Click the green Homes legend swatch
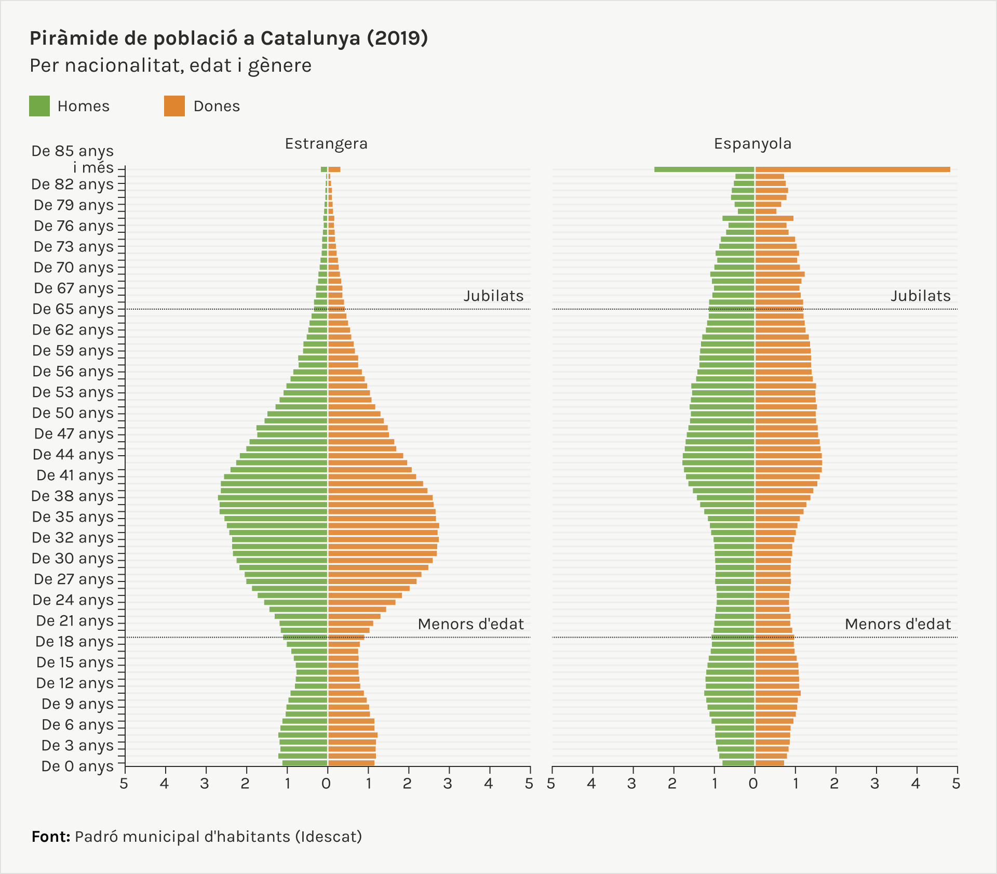[x=39, y=106]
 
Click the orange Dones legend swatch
[x=174, y=106]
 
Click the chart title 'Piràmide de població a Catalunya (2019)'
[x=228, y=38]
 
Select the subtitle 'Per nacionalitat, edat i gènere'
[x=170, y=65]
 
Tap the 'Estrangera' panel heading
[x=326, y=143]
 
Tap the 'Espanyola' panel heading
[x=752, y=143]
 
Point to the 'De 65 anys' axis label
[x=73, y=309]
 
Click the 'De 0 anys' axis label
[x=77, y=766]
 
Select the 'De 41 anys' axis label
[x=75, y=475]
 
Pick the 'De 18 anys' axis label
[x=74, y=641]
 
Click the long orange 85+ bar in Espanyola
[x=853, y=169]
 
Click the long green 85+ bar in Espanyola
[x=704, y=169]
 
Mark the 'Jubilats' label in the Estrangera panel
[x=493, y=296]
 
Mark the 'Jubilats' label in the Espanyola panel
[x=921, y=296]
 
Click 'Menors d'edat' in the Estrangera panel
[x=470, y=624]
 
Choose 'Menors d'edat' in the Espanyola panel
[x=898, y=624]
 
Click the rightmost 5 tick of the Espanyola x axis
[x=956, y=784]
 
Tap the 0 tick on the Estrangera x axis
[x=327, y=784]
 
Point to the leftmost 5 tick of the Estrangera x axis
[x=124, y=784]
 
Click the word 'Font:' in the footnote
[x=51, y=837]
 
